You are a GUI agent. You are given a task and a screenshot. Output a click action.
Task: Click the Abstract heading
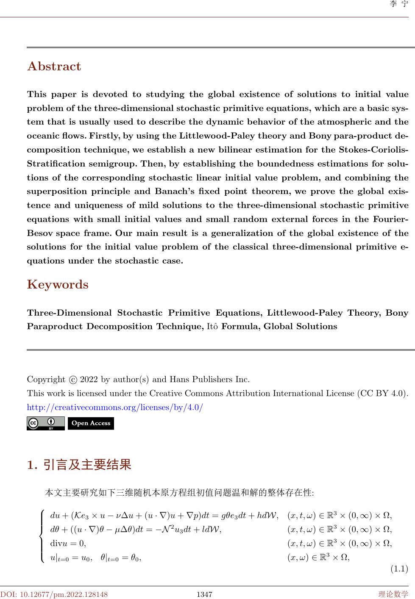tap(54, 67)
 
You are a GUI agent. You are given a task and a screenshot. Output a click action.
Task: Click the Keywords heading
tap(58, 285)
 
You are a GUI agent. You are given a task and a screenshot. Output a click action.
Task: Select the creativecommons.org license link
tap(115, 408)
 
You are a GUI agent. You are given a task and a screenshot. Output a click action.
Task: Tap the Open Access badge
tap(91, 423)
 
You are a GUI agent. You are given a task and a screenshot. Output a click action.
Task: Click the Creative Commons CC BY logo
tap(46, 423)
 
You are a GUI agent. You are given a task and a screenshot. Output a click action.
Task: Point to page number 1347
tap(204, 594)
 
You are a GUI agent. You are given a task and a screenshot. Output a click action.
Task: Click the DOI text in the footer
tap(54, 594)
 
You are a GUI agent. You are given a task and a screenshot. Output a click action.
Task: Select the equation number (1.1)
tap(398, 568)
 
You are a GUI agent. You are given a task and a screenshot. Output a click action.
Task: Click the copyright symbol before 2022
tap(73, 379)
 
